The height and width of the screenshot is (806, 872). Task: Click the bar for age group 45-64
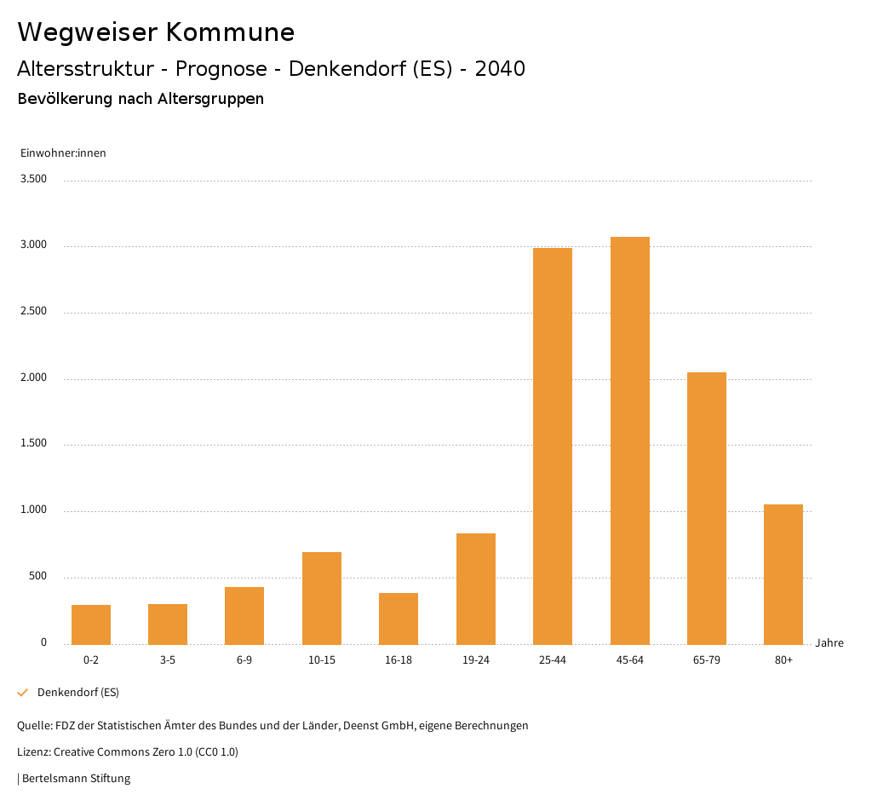pos(630,440)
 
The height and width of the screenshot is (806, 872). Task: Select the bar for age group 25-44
pos(553,446)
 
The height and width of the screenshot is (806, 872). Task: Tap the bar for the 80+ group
pos(783,574)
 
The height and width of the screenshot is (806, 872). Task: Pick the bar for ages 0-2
pos(91,625)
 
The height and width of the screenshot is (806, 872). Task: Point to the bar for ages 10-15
pos(322,598)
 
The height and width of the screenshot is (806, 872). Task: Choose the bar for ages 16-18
pos(399,619)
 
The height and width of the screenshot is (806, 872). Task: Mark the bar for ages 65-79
pos(707,508)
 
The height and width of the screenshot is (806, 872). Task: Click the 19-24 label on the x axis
pos(475,660)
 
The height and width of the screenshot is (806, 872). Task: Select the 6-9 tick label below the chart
pos(244,660)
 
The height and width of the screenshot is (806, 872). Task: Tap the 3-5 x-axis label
pos(168,660)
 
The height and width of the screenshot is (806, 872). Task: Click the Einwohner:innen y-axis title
pos(63,153)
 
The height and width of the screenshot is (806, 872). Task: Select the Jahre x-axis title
pos(829,643)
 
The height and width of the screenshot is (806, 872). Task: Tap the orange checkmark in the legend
pos(23,693)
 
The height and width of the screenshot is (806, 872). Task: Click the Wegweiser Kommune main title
pos(156,32)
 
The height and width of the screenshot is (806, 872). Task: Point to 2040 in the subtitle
pos(500,69)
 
